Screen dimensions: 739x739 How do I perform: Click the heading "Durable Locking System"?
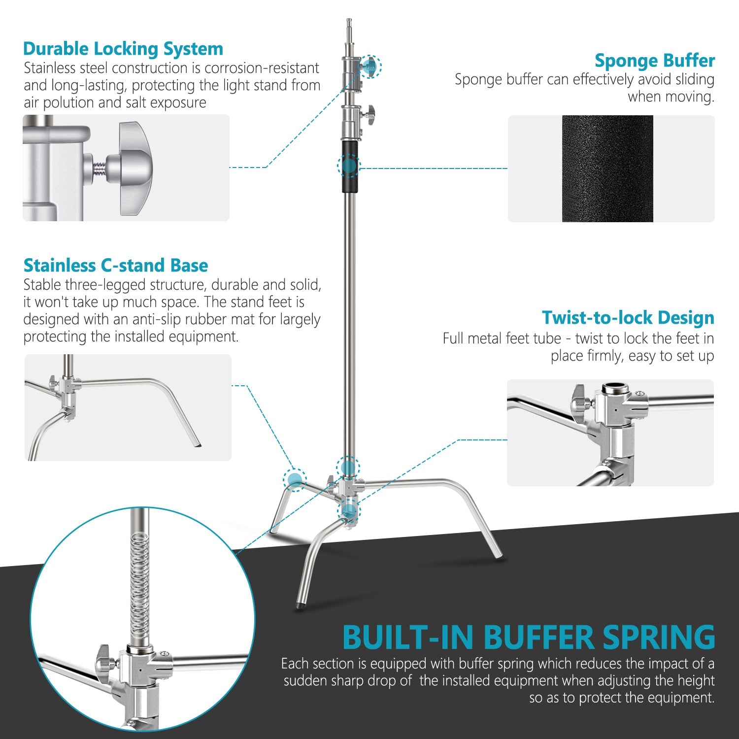tap(123, 49)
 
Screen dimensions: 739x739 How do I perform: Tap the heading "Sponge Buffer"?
tap(654, 61)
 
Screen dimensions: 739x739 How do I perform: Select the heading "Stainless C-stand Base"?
tap(115, 266)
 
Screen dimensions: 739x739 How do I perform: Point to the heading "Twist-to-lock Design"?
tap(628, 318)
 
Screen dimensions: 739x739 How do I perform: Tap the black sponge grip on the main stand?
tap(350, 167)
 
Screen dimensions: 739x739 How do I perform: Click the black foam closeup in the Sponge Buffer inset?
tap(607, 168)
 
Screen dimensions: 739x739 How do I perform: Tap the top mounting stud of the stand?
tap(349, 30)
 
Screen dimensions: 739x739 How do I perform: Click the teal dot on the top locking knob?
tap(370, 66)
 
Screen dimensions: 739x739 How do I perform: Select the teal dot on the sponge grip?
tap(349, 166)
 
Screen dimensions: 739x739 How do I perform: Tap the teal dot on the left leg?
tap(295, 479)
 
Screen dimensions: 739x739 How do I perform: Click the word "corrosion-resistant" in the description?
tap(262, 68)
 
